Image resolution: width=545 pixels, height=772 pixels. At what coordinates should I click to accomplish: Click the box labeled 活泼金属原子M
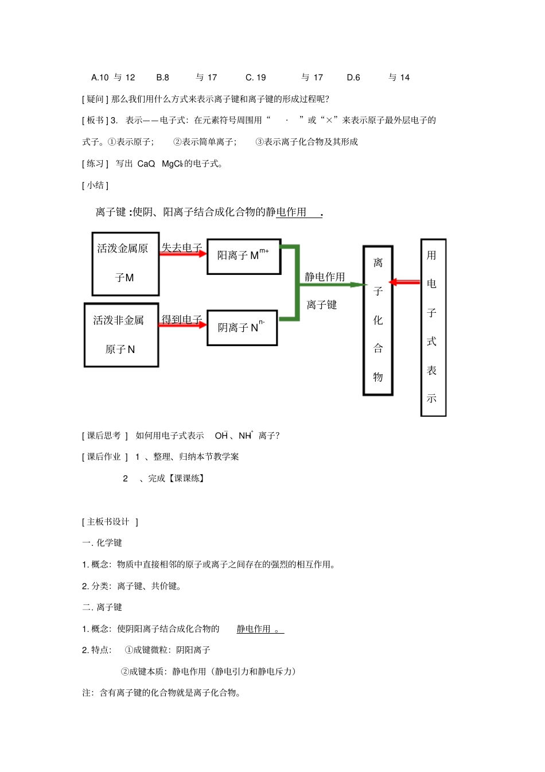[125, 263]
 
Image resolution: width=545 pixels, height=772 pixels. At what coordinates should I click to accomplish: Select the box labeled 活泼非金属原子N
[121, 335]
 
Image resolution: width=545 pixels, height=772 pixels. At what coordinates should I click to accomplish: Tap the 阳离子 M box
[243, 256]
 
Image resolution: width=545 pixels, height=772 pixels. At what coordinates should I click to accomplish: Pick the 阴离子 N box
[242, 328]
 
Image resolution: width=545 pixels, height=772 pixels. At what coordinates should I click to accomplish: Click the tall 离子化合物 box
[377, 320]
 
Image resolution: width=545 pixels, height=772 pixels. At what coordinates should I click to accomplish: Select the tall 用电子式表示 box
[433, 327]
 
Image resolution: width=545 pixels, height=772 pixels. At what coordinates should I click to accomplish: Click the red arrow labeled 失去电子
[182, 254]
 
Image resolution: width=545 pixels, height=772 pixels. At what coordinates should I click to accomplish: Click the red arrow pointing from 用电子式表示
[404, 282]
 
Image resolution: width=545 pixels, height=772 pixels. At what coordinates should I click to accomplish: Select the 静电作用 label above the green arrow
[325, 277]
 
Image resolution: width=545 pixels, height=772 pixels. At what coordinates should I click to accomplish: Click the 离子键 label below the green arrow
[322, 305]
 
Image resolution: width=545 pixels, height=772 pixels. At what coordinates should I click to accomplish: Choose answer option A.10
[100, 77]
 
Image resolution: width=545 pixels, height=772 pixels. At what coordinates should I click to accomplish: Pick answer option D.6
[353, 77]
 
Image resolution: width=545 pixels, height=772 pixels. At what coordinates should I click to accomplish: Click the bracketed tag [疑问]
[95, 99]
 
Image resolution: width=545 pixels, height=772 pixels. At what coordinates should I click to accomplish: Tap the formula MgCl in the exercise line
[172, 164]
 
